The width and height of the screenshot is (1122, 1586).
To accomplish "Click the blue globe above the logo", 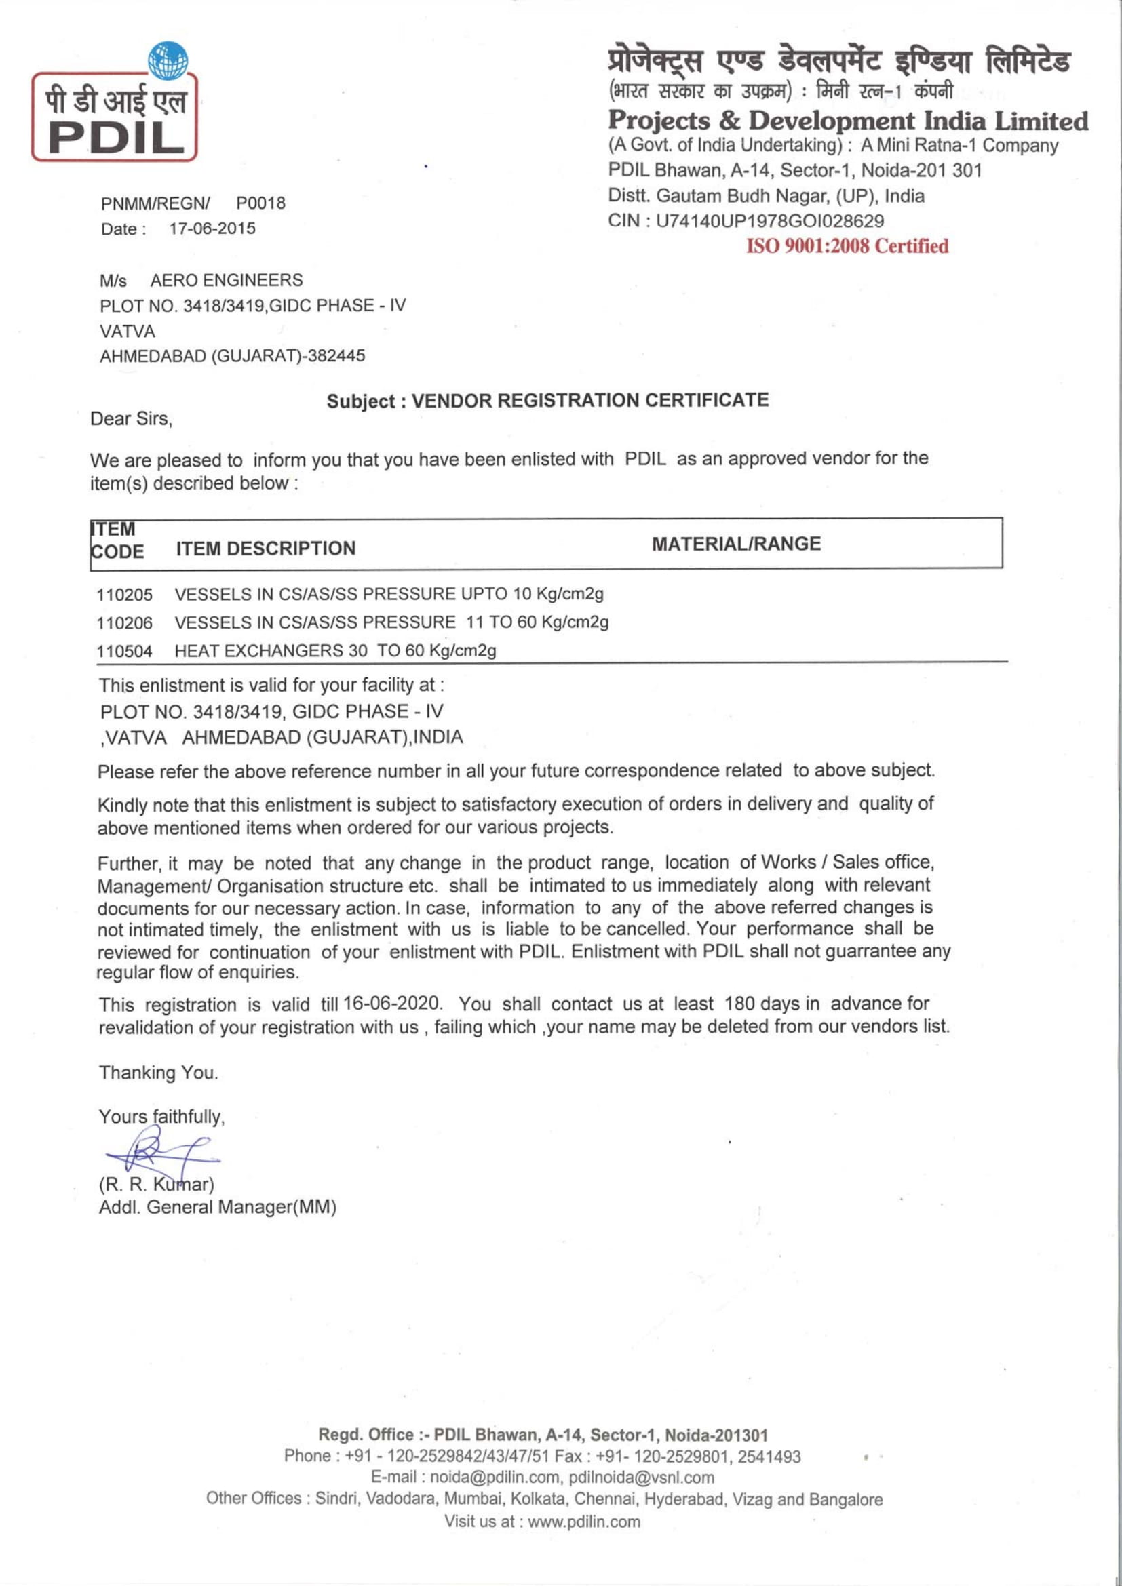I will [x=168, y=60].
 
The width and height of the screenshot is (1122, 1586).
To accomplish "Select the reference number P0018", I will [x=260, y=203].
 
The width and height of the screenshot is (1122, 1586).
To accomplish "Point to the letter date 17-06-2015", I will [x=212, y=229].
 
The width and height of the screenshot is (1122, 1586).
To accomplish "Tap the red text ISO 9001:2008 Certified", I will [x=847, y=246].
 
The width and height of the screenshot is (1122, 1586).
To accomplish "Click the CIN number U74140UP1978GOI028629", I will [x=770, y=221].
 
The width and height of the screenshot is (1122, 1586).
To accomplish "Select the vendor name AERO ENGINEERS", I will [x=227, y=281].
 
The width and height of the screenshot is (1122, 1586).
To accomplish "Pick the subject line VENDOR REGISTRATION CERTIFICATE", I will [x=590, y=401].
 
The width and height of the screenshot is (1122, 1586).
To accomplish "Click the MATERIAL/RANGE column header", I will [x=737, y=544].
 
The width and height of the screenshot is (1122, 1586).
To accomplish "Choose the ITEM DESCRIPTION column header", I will [x=266, y=549].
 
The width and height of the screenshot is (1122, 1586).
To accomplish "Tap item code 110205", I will [x=124, y=595].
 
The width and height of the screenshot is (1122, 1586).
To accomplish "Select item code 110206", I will [x=124, y=623].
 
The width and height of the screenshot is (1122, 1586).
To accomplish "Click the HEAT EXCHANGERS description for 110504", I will [x=335, y=651].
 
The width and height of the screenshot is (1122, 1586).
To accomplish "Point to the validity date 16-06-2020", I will [x=391, y=1003].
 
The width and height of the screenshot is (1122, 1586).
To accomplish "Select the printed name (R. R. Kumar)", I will [x=156, y=1185].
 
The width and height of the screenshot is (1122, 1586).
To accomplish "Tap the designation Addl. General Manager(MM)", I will [x=218, y=1208].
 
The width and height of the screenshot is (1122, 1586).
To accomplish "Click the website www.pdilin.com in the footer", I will [x=584, y=1522].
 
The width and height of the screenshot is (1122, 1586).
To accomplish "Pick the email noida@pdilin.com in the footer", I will [x=494, y=1478].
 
